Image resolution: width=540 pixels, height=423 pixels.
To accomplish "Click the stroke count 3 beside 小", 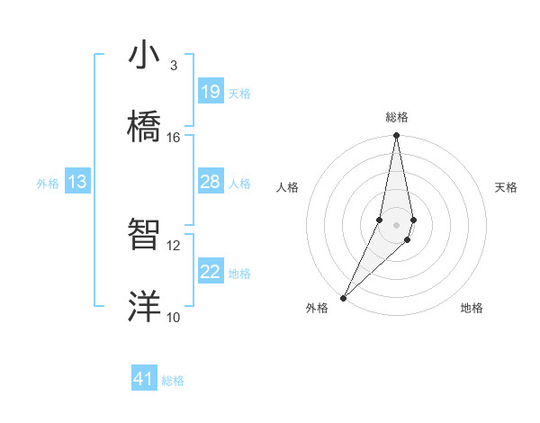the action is [x=174, y=65].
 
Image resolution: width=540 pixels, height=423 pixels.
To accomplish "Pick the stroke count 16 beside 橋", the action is [x=174, y=137].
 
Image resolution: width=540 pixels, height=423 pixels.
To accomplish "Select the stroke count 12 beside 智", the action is [x=174, y=245].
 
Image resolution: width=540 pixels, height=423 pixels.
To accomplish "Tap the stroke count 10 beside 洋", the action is [x=174, y=317].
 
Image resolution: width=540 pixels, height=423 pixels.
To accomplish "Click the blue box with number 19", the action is [x=210, y=92].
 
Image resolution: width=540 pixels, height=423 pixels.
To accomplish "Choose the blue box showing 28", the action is [x=210, y=182].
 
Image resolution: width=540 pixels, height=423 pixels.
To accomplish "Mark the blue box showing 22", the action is [x=210, y=272].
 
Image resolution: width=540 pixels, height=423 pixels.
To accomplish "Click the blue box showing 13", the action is [x=77, y=182].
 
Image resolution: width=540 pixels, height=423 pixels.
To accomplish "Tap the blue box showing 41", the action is [x=144, y=379].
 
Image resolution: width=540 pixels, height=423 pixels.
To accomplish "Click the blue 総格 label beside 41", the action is [x=173, y=381].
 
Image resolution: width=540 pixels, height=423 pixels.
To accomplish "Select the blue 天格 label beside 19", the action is [x=239, y=94].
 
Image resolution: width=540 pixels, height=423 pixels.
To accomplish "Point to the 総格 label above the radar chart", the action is [x=397, y=117].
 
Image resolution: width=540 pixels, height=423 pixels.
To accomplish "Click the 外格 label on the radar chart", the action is [x=317, y=308].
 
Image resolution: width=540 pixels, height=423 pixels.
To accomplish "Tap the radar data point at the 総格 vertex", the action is [x=396, y=136].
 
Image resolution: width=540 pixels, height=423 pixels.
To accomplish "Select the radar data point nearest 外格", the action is [x=343, y=297].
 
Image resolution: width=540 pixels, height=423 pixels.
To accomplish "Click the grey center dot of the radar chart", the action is [x=396, y=225].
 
